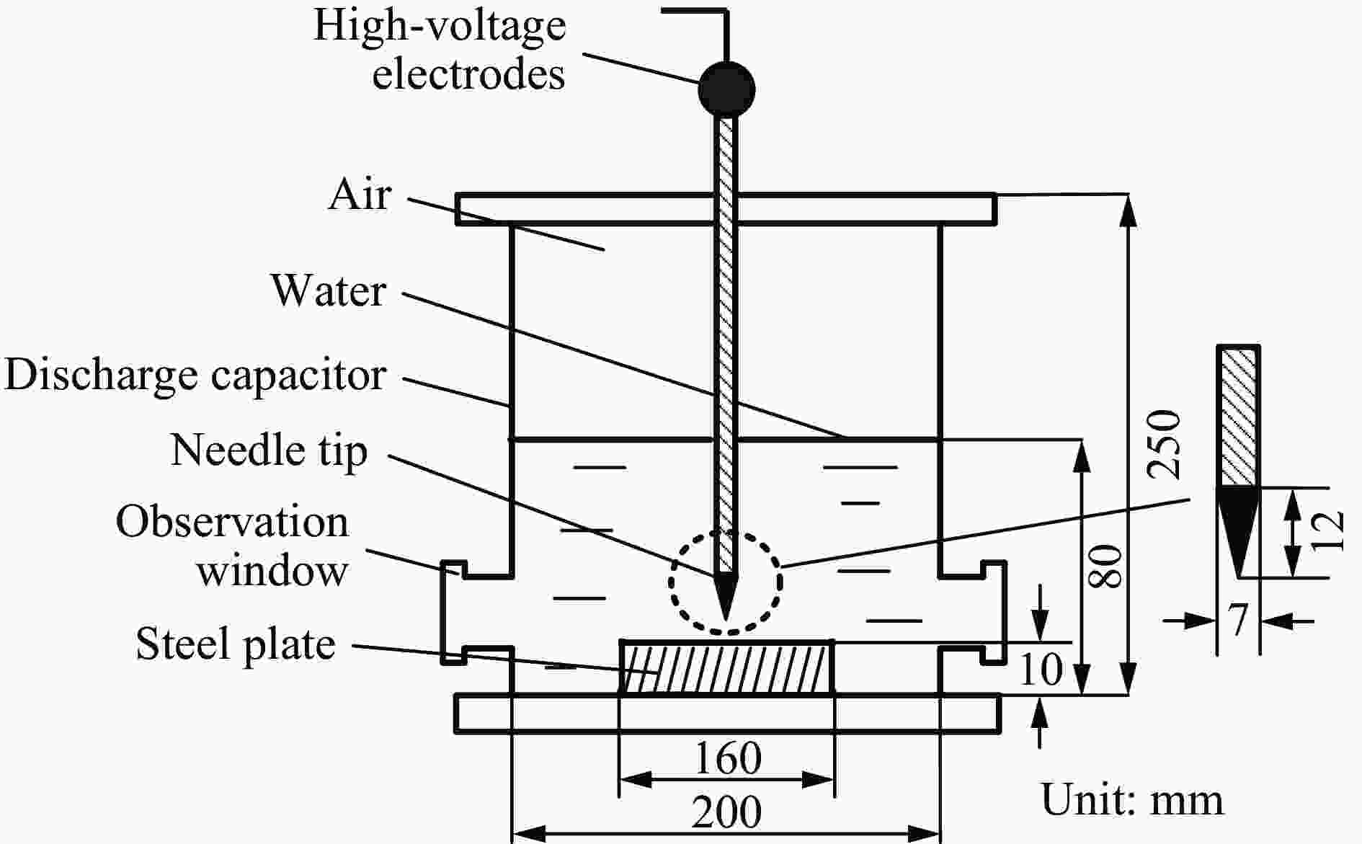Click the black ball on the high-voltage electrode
[726, 89]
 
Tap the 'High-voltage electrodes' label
[440, 50]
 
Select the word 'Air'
[360, 194]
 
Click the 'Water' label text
[329, 290]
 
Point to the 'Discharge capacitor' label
[195, 376]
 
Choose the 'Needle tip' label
[269, 451]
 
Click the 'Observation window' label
[232, 546]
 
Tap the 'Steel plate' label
[236, 644]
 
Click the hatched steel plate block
[727, 667]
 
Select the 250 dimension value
[1165, 444]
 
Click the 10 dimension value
[1041, 669]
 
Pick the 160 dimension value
[727, 758]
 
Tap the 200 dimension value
[726, 813]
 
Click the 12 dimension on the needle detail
[1327, 531]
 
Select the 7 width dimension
[1238, 620]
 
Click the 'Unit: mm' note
[1132, 800]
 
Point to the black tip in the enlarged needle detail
[1238, 530]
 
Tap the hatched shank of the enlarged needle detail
[1238, 416]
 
